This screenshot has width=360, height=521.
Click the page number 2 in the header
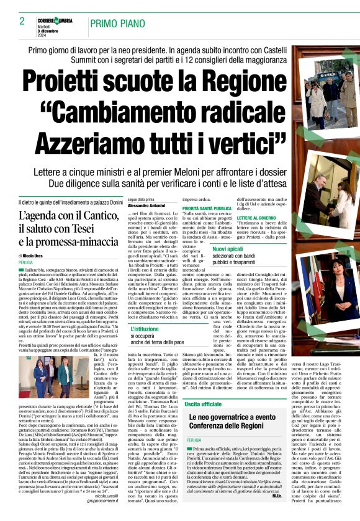point(22,20)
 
